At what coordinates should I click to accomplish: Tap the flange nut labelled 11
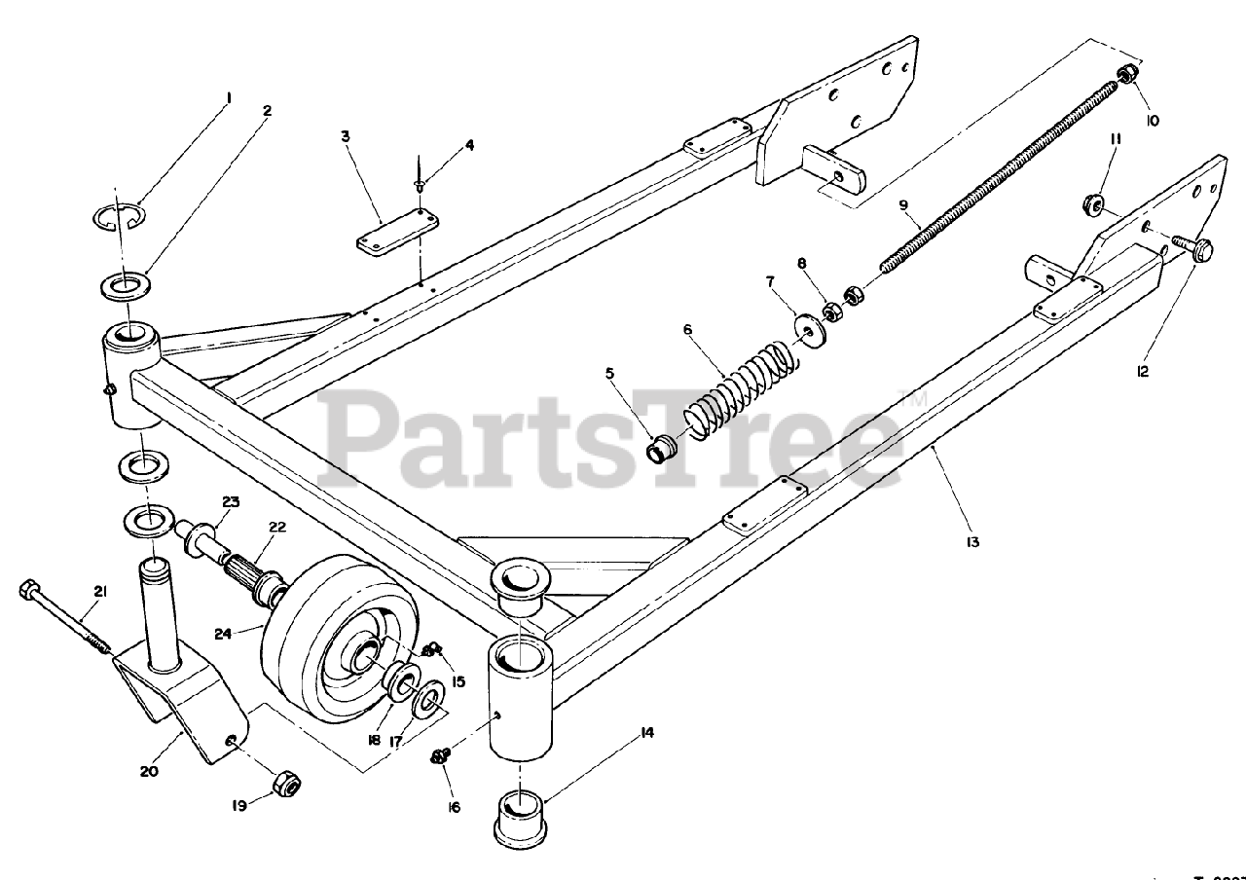(1092, 204)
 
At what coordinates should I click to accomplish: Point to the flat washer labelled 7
(809, 328)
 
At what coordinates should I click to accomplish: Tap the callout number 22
(277, 527)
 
